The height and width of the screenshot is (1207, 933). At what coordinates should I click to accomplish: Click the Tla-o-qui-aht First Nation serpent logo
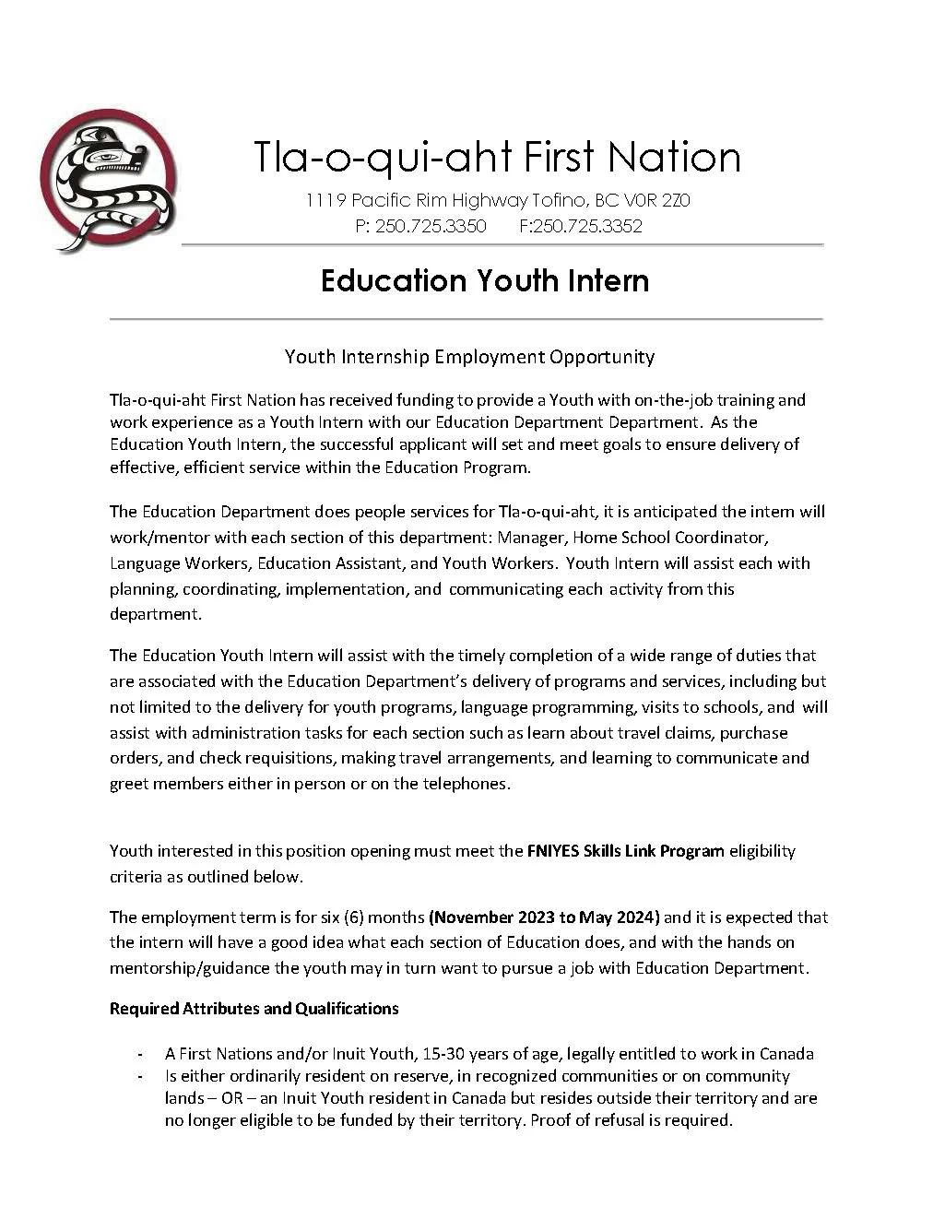109,181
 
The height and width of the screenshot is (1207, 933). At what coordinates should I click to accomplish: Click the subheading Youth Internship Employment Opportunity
469,356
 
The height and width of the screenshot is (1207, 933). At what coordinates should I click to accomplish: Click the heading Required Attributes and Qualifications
254,1008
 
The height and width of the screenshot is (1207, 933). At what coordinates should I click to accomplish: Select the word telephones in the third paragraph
466,784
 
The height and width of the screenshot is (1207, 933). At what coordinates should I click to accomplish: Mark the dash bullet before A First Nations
139,1053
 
